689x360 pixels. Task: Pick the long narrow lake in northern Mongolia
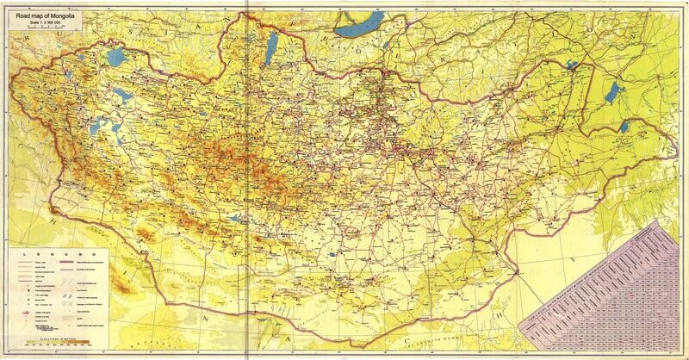coord(266,51)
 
